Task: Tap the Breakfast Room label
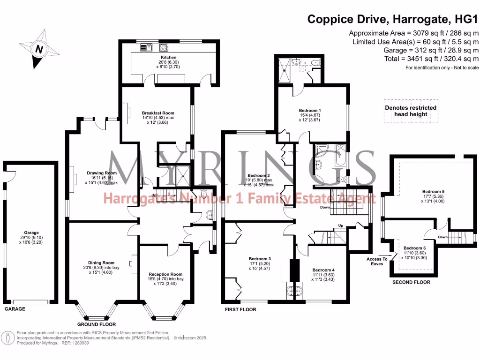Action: click(x=158, y=113)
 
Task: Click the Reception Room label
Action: click(x=165, y=274)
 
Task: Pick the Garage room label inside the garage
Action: click(x=32, y=232)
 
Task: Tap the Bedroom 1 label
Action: click(x=309, y=110)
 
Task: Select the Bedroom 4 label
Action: click(x=323, y=270)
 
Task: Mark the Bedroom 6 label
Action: click(x=414, y=248)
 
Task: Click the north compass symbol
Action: click(x=39, y=49)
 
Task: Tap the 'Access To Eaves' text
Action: click(x=377, y=261)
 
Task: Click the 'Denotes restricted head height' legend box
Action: click(x=411, y=111)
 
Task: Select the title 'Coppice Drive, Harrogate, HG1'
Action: click(x=393, y=19)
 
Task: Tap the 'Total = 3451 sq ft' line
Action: click(x=424, y=59)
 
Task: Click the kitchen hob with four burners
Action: click(x=164, y=47)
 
